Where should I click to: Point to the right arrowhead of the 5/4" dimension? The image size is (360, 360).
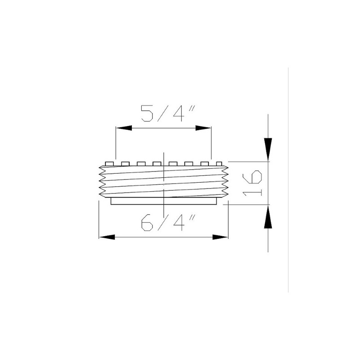click(204, 128)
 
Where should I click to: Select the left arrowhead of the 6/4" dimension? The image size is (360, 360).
click(105, 237)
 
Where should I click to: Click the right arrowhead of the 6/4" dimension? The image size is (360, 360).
click(220, 237)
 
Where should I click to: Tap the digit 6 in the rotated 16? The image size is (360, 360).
click(253, 176)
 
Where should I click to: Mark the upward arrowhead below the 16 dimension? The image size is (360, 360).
click(268, 219)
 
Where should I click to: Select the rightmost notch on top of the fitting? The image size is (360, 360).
click(219, 163)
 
